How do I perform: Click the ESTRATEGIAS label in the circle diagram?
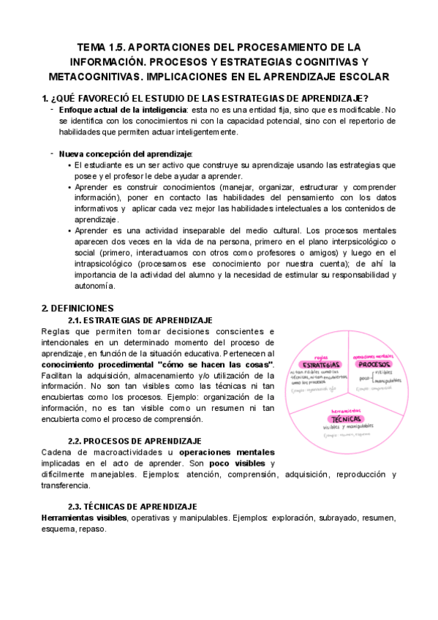tap(320, 364)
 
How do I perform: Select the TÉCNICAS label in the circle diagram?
tap(347, 419)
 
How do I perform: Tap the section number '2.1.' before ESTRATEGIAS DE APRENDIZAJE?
tap(75, 320)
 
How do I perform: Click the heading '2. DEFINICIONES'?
tap(78, 308)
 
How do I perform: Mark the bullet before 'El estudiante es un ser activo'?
tap(69, 165)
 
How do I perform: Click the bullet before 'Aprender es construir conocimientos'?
tap(69, 187)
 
